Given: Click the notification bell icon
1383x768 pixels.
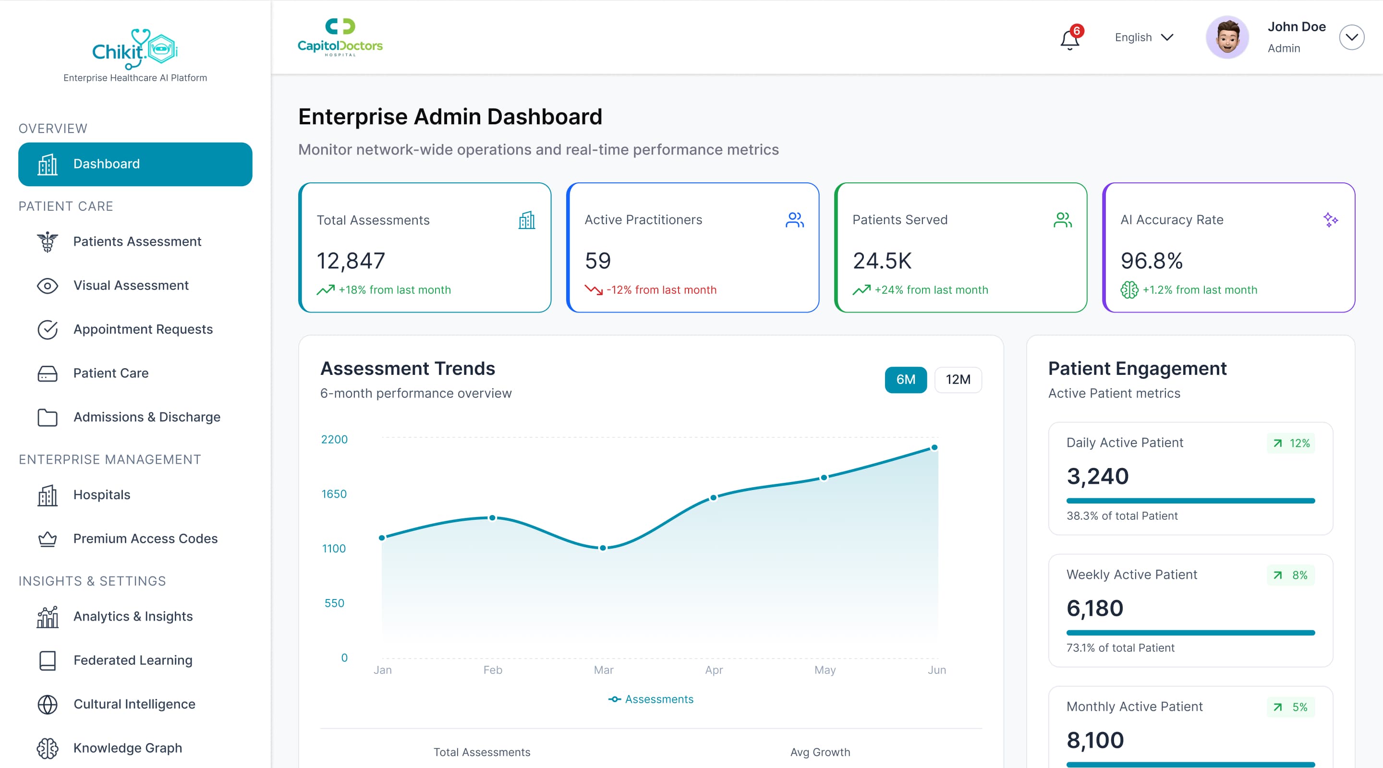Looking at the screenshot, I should pos(1069,40).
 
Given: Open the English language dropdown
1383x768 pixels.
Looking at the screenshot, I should pos(1143,37).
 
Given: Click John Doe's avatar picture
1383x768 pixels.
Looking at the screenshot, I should pos(1227,37).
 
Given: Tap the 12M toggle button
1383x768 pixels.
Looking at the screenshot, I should pos(958,379).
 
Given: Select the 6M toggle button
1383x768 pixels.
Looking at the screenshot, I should pos(905,379).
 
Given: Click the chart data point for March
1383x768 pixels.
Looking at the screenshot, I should pos(603,548).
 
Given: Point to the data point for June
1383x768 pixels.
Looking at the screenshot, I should pos(934,447).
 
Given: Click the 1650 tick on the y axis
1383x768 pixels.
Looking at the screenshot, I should pos(334,494).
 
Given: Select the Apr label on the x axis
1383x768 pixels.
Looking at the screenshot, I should pos(714,670).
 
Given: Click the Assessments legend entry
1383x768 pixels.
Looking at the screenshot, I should pos(651,699).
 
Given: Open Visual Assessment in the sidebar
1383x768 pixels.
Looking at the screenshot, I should pos(131,286).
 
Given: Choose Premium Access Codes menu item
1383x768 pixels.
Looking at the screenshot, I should pos(145,539).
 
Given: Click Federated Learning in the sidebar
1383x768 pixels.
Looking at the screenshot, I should pos(133,660).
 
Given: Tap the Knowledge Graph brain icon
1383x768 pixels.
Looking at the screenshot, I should pos(47,748).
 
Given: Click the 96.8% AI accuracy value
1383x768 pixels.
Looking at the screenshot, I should pos(1151,261).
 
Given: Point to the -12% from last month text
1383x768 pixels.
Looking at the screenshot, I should pos(661,290).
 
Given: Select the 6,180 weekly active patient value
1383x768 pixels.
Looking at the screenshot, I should pos(1094,608).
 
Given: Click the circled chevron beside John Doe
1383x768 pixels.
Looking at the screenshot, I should pos(1351,37).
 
